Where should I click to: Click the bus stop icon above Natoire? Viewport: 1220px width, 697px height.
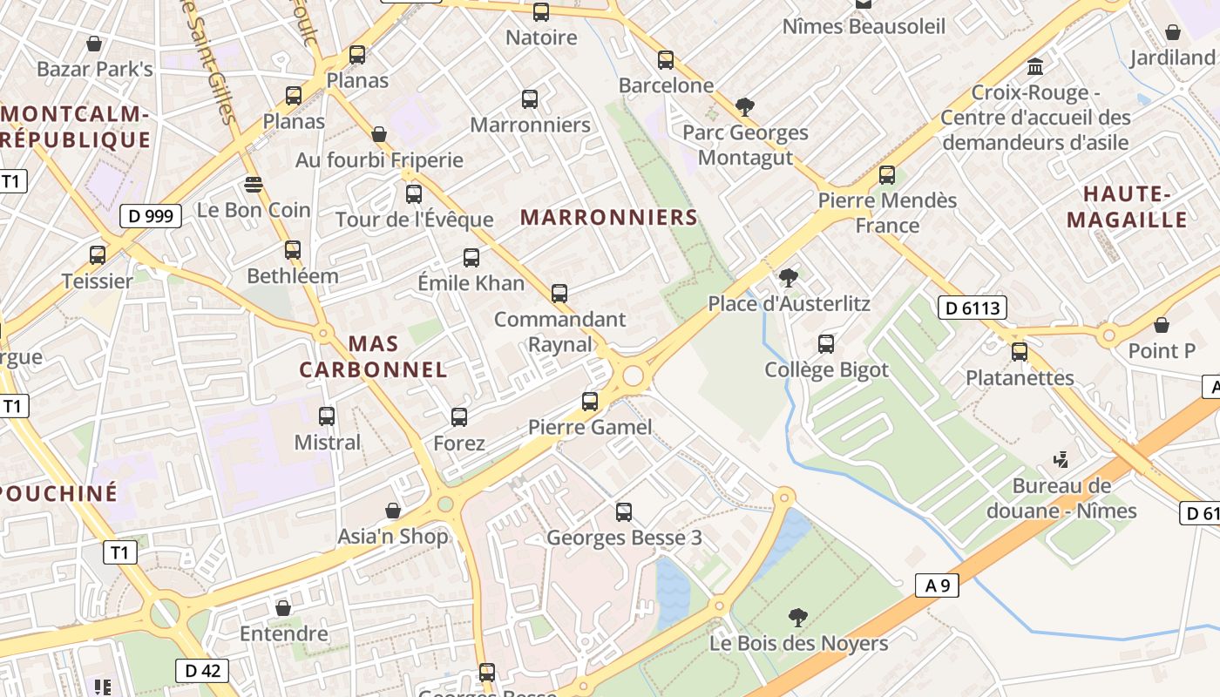pyautogui.click(x=541, y=12)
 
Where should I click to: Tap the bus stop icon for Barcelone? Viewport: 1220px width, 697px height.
pyautogui.click(x=666, y=60)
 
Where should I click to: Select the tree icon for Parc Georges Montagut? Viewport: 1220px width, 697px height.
pyautogui.click(x=744, y=107)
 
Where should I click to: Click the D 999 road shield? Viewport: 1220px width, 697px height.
pyautogui.click(x=151, y=216)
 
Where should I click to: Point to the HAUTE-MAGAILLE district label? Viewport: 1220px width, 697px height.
pyautogui.click(x=1127, y=206)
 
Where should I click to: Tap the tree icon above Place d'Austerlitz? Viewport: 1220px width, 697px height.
pyautogui.click(x=788, y=278)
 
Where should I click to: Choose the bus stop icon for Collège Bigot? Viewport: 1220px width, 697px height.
pyautogui.click(x=826, y=344)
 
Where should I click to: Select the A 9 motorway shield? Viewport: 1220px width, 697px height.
pyautogui.click(x=938, y=585)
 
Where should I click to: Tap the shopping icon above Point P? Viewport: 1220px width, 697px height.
pyautogui.click(x=1162, y=325)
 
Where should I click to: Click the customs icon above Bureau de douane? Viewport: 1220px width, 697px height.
pyautogui.click(x=1061, y=459)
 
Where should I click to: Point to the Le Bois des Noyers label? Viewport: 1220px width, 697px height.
pyautogui.click(x=799, y=644)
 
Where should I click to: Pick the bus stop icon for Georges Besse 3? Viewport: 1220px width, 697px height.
pyautogui.click(x=624, y=512)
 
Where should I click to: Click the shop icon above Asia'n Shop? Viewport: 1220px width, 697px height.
pyautogui.click(x=393, y=511)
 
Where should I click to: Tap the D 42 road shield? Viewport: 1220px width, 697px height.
pyautogui.click(x=202, y=670)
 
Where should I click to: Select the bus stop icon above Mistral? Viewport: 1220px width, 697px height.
pyautogui.click(x=327, y=416)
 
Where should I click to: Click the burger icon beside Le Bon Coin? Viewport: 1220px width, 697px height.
pyautogui.click(x=254, y=185)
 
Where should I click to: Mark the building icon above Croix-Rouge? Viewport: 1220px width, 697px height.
pyautogui.click(x=1035, y=66)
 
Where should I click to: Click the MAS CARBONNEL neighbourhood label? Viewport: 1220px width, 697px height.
pyautogui.click(x=373, y=356)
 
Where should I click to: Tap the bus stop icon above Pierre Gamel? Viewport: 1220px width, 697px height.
pyautogui.click(x=590, y=402)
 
